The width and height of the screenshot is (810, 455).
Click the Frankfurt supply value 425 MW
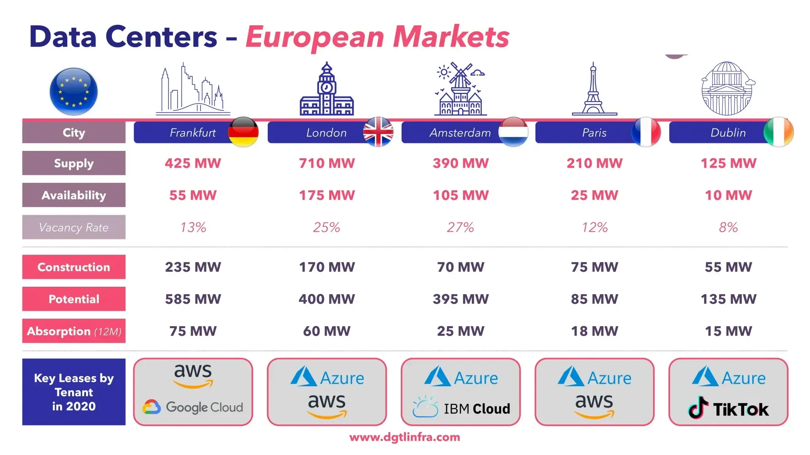193,163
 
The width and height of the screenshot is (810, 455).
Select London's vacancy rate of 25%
326,227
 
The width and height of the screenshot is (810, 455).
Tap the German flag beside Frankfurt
243,132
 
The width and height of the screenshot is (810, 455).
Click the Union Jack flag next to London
378,132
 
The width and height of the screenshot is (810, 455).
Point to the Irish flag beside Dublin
778,132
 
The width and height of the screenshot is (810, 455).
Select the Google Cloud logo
193,407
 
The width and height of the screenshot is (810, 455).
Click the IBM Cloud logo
461,408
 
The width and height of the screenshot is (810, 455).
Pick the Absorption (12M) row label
74,331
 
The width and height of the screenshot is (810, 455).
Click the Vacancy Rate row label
74,227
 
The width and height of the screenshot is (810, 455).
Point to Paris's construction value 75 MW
594,267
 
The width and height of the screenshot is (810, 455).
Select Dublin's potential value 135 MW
728,299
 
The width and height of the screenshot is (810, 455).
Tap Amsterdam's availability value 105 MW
460,195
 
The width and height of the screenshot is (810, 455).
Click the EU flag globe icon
74,92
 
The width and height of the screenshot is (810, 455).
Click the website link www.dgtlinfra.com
405,437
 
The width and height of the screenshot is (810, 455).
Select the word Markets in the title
451,37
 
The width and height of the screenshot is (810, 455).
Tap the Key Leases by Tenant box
74,392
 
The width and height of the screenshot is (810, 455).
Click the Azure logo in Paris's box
594,377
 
